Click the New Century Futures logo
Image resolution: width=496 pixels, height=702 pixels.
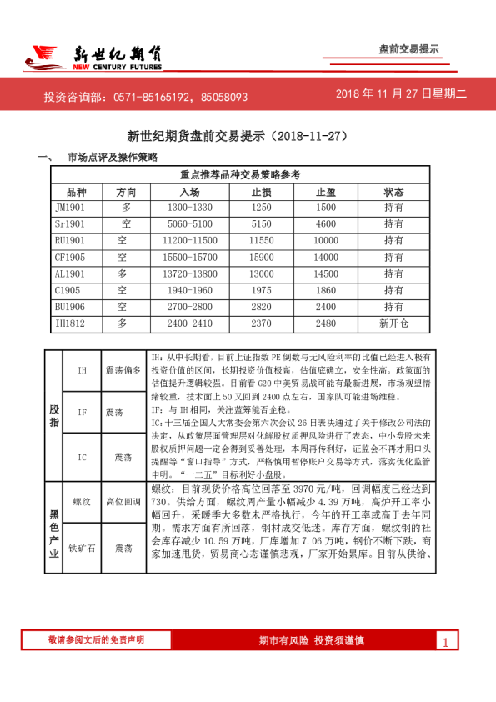(92, 56)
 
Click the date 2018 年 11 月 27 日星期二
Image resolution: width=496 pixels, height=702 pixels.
(402, 95)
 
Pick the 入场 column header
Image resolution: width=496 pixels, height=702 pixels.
(189, 191)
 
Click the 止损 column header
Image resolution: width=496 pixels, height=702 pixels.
(262, 191)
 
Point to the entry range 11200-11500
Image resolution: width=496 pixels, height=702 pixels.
(190, 240)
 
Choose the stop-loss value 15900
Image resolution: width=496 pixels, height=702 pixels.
(262, 257)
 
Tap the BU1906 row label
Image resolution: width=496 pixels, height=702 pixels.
(70, 306)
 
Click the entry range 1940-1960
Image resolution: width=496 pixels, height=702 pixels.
(190, 289)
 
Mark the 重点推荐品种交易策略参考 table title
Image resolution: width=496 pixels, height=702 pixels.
(240, 175)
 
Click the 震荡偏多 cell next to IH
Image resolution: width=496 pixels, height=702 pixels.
(123, 369)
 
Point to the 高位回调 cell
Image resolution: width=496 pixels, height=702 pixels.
(123, 502)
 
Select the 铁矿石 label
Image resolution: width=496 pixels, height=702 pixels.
(82, 548)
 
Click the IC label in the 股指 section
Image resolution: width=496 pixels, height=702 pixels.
(82, 457)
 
